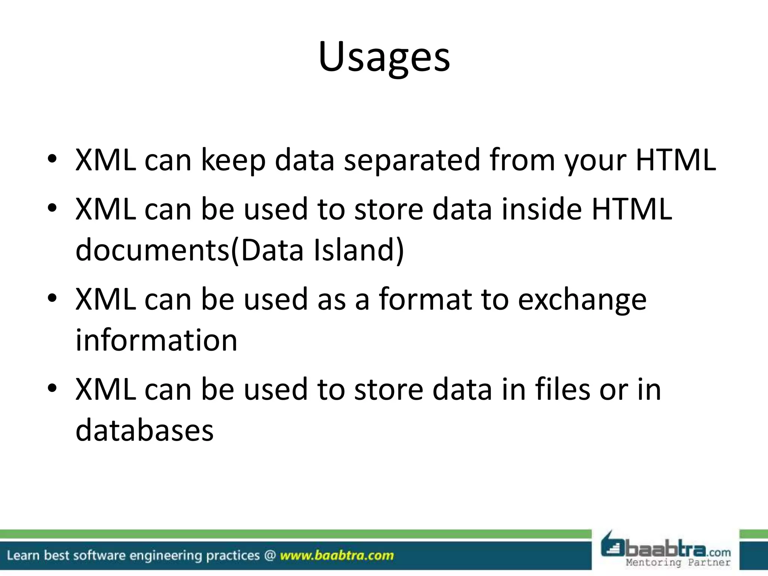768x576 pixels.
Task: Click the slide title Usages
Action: click(x=384, y=57)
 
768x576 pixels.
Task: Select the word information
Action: click(x=156, y=340)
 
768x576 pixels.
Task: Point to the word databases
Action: click(x=144, y=430)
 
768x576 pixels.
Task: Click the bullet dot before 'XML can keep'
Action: click(x=52, y=159)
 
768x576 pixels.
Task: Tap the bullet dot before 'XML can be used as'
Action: click(x=52, y=298)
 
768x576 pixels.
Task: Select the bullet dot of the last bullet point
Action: click(x=52, y=388)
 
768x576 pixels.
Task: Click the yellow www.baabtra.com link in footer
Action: click(x=337, y=555)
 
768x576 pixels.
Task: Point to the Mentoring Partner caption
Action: click(x=678, y=562)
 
